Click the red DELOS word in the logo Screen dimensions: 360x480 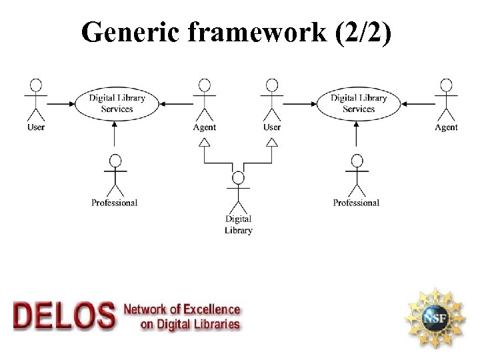click(x=64, y=315)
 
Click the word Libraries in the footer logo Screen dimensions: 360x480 click(x=213, y=325)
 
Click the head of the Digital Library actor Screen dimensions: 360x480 click(x=238, y=178)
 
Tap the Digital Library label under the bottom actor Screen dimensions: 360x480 click(x=238, y=225)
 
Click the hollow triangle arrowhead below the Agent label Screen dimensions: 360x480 click(x=205, y=142)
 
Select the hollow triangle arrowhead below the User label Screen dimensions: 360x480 click(x=271, y=142)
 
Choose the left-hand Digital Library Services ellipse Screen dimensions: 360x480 click(x=117, y=103)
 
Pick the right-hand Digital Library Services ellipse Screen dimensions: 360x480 click(x=359, y=103)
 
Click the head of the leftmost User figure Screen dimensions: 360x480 click(x=36, y=85)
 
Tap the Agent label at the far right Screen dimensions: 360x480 click(x=446, y=127)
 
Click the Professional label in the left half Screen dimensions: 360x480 click(x=115, y=203)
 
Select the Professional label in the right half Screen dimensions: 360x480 click(x=356, y=203)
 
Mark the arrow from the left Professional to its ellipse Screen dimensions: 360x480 click(x=116, y=137)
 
